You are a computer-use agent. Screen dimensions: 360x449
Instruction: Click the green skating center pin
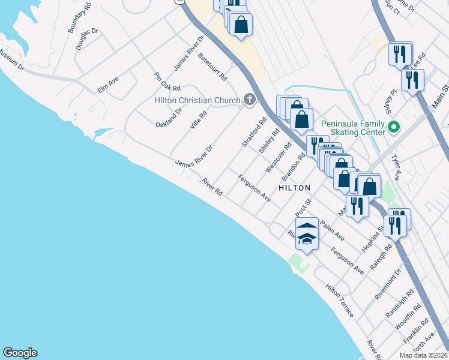tap(394, 127)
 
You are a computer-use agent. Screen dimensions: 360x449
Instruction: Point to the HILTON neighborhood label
tap(294, 188)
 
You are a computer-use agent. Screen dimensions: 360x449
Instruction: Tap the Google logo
tap(20, 353)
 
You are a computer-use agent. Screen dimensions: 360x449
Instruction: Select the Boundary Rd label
tap(79, 17)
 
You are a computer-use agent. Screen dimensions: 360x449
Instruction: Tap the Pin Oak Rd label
tap(163, 82)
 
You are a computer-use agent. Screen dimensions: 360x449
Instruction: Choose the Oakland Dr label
tap(169, 115)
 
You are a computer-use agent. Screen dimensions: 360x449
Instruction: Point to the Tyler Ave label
tap(396, 167)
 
